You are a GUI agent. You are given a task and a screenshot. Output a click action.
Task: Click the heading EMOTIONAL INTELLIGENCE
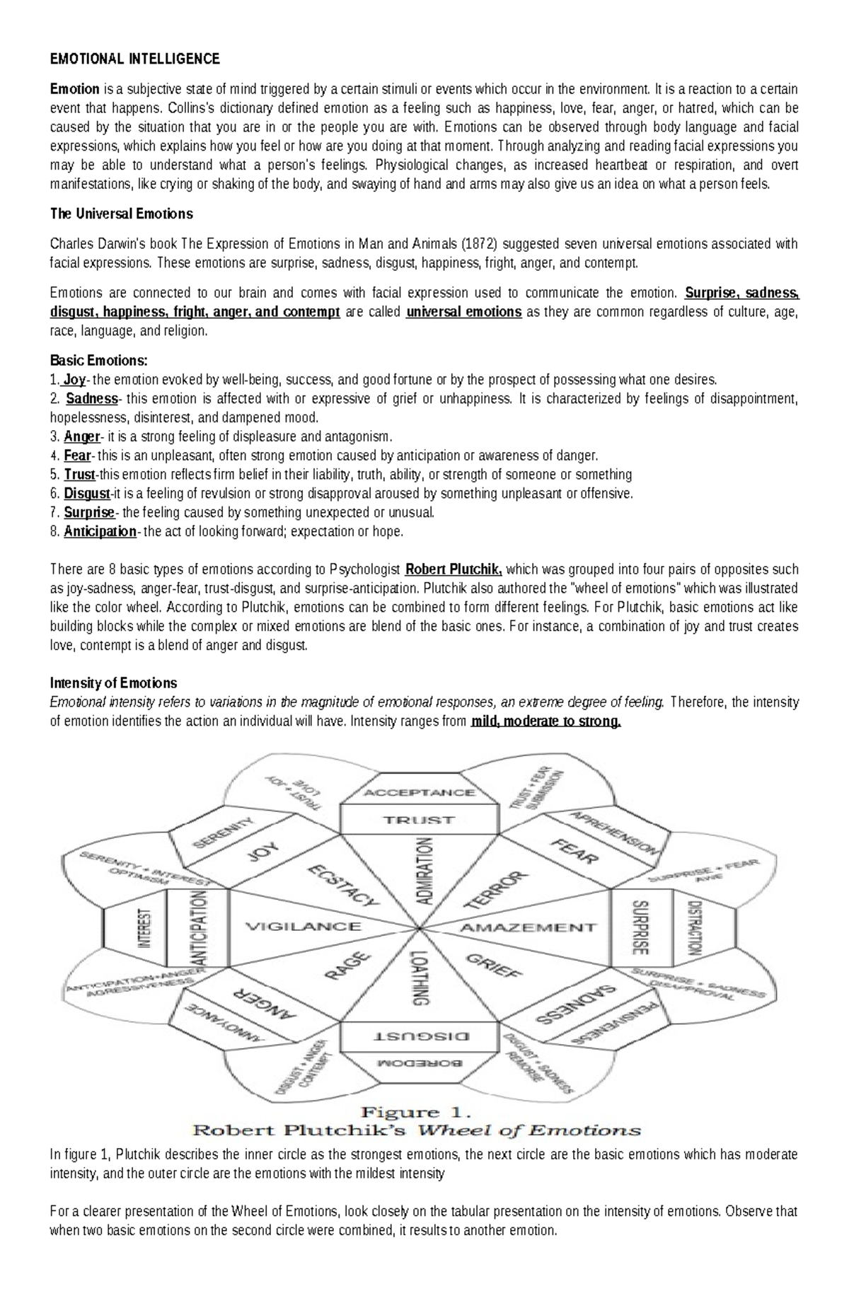(x=134, y=59)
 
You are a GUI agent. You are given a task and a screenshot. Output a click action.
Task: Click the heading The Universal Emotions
(x=121, y=213)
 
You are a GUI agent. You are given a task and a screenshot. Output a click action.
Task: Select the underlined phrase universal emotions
(x=464, y=312)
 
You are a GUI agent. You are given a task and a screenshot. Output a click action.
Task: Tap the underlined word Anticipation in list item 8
(x=100, y=532)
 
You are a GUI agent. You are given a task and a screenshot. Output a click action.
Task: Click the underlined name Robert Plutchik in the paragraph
(x=454, y=569)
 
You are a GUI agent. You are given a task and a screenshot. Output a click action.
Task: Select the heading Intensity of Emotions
(x=113, y=683)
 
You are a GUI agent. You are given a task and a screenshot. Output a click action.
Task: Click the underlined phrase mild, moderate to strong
(x=545, y=722)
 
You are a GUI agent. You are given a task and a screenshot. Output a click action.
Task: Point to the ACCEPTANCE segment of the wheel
(x=419, y=792)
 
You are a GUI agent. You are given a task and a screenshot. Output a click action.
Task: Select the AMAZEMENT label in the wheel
(x=529, y=927)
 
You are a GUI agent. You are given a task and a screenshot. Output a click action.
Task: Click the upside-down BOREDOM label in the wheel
(x=419, y=1062)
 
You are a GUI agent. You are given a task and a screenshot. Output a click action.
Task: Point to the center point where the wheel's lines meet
(x=420, y=927)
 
